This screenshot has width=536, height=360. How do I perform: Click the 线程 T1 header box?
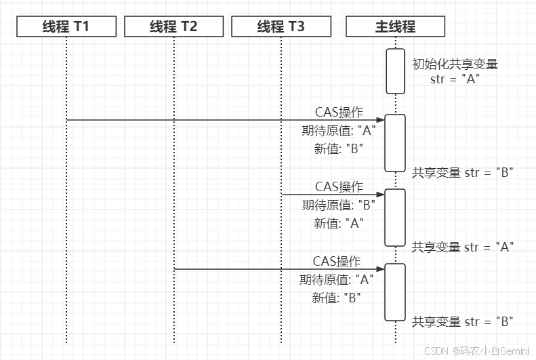(x=66, y=27)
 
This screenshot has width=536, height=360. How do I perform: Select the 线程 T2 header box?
(x=173, y=27)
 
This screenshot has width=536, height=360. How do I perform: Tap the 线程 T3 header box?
(x=281, y=27)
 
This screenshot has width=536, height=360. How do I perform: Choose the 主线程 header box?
(x=395, y=27)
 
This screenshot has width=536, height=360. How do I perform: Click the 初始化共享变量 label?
(x=455, y=64)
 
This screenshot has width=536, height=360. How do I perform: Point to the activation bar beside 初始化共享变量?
(x=395, y=71)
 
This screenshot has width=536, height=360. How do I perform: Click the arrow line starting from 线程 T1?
(x=203, y=120)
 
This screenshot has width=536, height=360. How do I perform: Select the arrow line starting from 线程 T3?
(x=325, y=195)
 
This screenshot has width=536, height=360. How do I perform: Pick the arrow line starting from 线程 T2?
(x=271, y=269)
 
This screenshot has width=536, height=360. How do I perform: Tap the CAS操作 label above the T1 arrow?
(x=339, y=112)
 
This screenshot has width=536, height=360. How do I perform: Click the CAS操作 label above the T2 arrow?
(x=337, y=261)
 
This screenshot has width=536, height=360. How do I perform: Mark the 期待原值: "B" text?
(x=338, y=205)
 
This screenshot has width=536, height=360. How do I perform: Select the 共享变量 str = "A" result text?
(x=462, y=247)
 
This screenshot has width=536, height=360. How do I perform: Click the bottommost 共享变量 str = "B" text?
(x=462, y=321)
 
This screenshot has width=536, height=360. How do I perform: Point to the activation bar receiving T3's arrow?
(x=395, y=217)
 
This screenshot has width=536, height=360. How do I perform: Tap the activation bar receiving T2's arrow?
(x=395, y=292)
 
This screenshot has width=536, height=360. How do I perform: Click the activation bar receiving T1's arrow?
(x=395, y=143)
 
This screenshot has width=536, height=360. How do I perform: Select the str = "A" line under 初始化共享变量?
(x=455, y=79)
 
